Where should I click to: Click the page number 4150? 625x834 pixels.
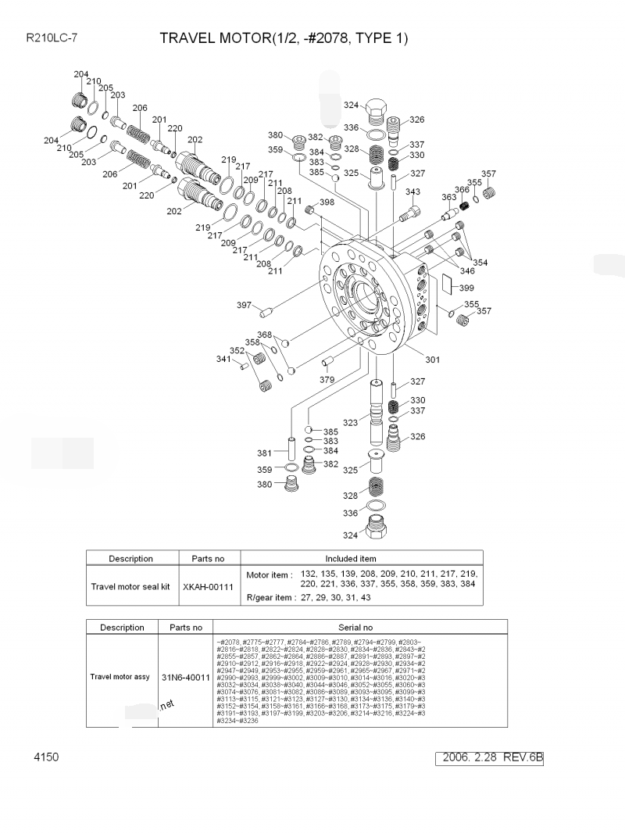click(x=46, y=757)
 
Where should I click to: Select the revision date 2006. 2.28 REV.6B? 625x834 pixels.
click(x=491, y=758)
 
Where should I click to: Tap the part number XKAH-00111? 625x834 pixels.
click(x=208, y=586)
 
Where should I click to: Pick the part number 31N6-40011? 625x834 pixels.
click(x=185, y=677)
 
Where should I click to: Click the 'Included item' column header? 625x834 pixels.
click(x=351, y=559)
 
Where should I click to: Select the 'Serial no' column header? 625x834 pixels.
click(x=355, y=627)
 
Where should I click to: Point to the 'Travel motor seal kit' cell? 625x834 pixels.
click(x=130, y=586)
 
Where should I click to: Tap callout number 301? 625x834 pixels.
click(x=432, y=360)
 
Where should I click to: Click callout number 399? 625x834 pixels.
click(x=466, y=288)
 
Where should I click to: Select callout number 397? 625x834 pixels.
click(x=245, y=305)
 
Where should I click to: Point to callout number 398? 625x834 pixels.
click(x=327, y=202)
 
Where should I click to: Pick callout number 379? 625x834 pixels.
click(x=327, y=380)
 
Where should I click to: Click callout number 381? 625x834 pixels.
click(x=265, y=453)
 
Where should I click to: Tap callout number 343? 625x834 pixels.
click(x=412, y=192)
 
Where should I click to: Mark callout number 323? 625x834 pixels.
click(x=350, y=422)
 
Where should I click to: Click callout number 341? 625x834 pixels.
click(x=224, y=359)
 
